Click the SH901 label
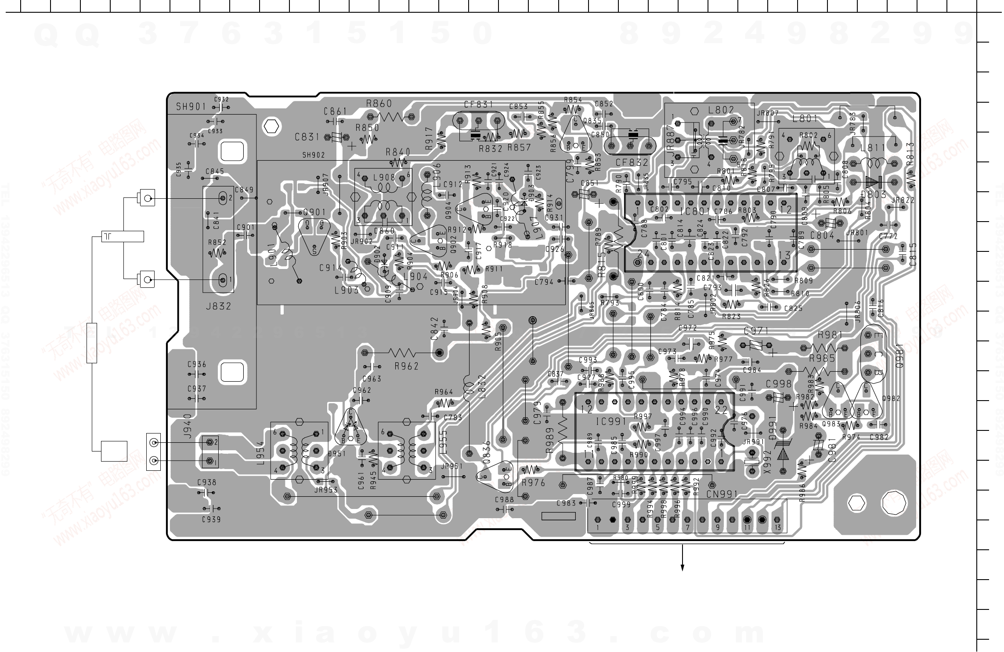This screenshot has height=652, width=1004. click(191, 107)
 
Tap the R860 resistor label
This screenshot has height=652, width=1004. click(379, 104)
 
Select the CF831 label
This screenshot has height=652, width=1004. click(478, 105)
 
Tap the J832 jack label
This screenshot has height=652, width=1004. click(218, 306)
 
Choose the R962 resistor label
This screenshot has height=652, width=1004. click(406, 366)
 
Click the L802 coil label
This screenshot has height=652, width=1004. click(721, 110)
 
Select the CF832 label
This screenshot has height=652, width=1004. click(632, 162)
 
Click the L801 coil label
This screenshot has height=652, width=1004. click(805, 118)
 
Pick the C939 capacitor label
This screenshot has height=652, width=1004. click(211, 519)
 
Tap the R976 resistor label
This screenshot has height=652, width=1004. click(533, 483)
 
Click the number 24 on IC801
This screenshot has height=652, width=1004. click(643, 254)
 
